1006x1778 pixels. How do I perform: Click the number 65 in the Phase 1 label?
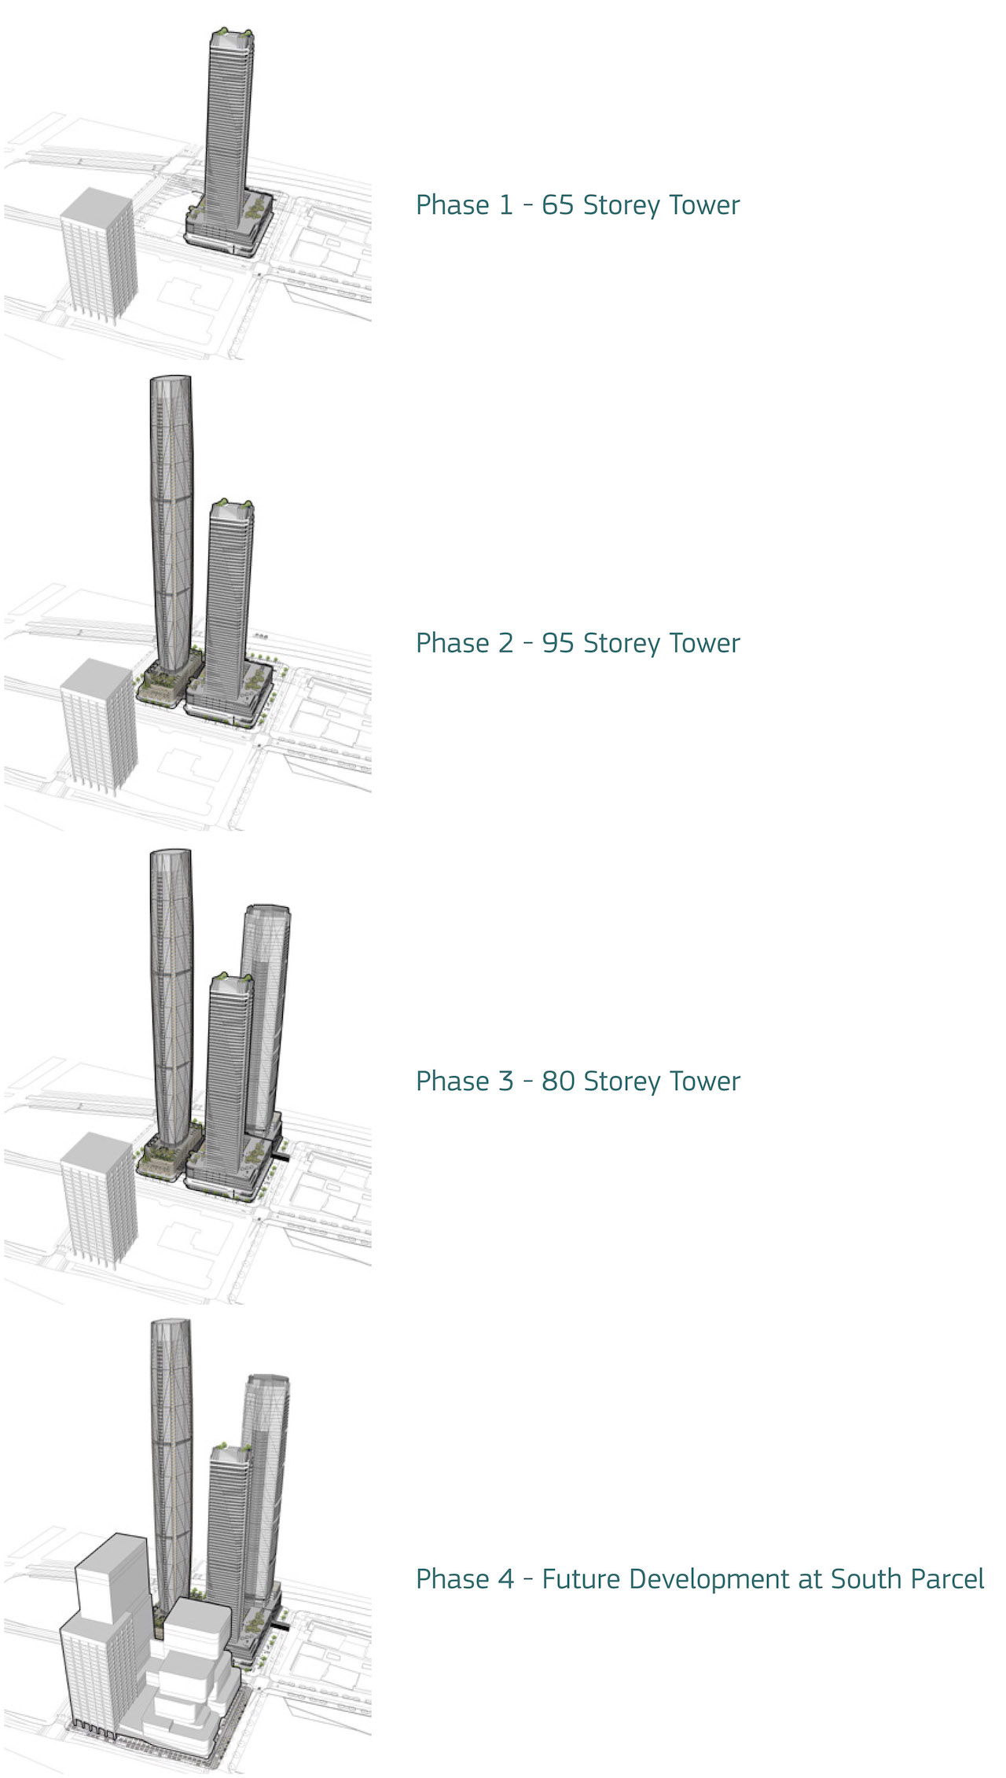click(558, 205)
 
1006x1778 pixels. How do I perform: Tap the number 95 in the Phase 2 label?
click(558, 643)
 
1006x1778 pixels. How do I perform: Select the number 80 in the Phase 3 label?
click(558, 1081)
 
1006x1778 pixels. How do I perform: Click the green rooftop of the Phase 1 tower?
click(233, 35)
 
